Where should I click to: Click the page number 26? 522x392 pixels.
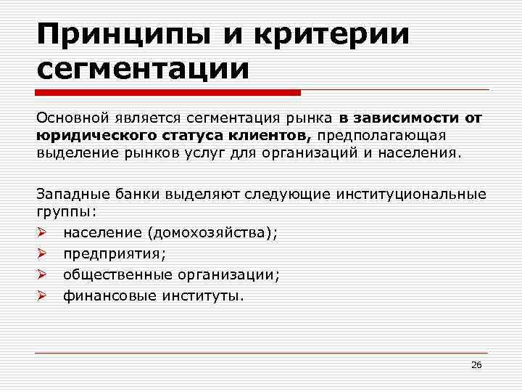click(476, 364)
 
